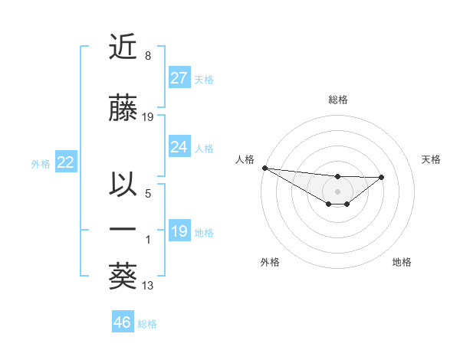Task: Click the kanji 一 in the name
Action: point(123,230)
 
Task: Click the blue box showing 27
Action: point(179,78)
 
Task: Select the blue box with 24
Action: point(179,147)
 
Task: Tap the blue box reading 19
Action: point(179,231)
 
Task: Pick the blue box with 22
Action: point(65,162)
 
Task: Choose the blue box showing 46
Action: point(122,322)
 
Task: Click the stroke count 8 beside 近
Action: point(147,56)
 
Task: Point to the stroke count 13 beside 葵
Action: point(149,286)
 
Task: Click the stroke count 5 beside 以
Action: point(148,195)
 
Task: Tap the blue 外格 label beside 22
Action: point(41,163)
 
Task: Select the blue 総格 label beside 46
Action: point(147,324)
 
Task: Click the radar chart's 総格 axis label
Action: point(337,100)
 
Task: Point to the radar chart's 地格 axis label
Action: point(402,262)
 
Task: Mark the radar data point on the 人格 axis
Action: point(264,167)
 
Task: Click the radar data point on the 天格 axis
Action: point(382,177)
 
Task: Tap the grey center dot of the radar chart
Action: point(337,191)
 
